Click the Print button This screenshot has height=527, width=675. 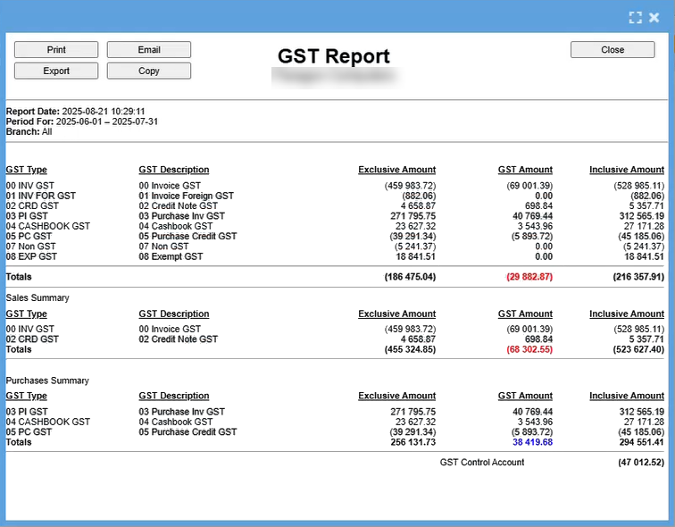coord(56,50)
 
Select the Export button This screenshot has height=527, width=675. coord(56,71)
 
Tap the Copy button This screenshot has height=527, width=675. coord(149,71)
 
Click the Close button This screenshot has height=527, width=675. coord(612,50)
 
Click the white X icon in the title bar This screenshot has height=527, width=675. coord(654,17)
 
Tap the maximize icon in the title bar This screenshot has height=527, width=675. coord(636,17)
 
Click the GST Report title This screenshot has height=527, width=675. coord(334,56)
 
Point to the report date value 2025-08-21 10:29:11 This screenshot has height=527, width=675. coord(104,112)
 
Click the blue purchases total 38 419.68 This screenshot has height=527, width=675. coord(532,442)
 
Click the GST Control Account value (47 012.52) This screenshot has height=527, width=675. coord(640,463)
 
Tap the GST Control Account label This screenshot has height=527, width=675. coord(482,463)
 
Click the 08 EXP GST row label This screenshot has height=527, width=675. coord(31,256)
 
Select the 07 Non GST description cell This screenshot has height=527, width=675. coord(163,247)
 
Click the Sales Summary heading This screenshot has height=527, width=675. coord(37,297)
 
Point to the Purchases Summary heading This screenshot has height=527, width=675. coord(47,381)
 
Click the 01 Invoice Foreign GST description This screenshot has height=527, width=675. coord(186,196)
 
